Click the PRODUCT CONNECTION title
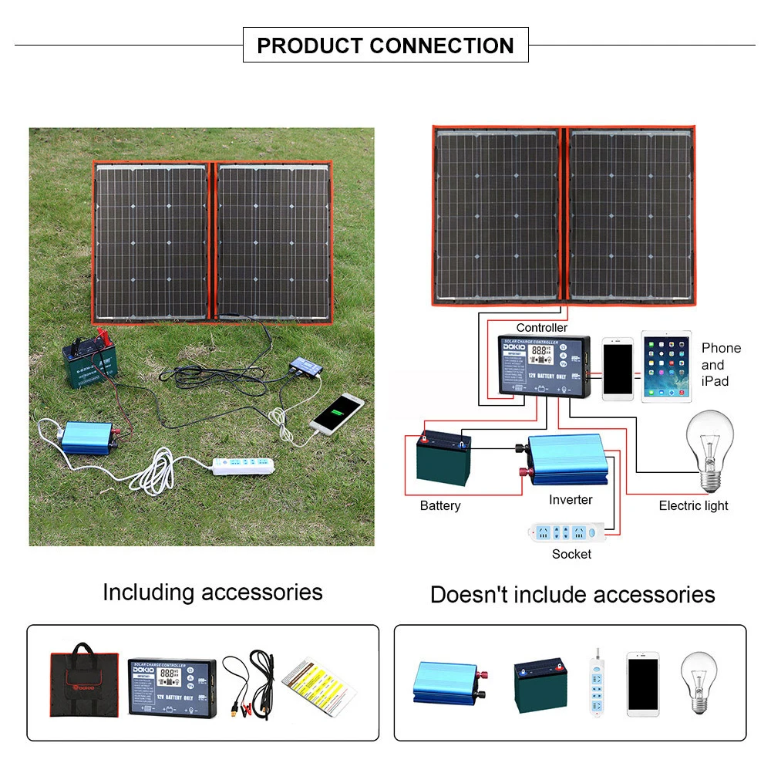coord(385,46)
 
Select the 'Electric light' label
coord(693,506)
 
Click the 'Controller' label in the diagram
coord(541,328)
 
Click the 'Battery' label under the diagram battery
coord(440,506)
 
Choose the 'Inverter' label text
coord(571,500)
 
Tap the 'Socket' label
coord(571,554)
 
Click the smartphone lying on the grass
coord(338,413)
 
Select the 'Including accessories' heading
coord(213,593)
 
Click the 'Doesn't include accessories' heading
coord(572,595)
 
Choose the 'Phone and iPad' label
coord(721,364)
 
